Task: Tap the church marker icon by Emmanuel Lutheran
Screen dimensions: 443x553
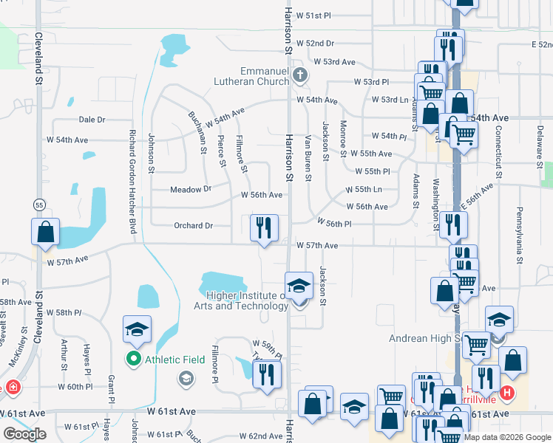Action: pyautogui.click(x=300, y=74)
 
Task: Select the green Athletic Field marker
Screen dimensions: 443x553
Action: pyautogui.click(x=134, y=360)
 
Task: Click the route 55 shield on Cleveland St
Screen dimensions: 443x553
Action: pyautogui.click(x=38, y=204)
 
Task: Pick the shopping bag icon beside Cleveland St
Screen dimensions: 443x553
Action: pyautogui.click(x=45, y=232)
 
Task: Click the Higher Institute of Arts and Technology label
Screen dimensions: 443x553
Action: pyautogui.click(x=241, y=301)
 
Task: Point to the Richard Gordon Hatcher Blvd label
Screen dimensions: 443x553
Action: pyautogui.click(x=132, y=182)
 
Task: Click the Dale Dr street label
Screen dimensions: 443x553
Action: pyautogui.click(x=92, y=120)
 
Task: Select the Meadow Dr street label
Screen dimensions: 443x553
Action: pyautogui.click(x=191, y=190)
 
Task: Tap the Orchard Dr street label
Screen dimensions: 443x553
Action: pyautogui.click(x=194, y=226)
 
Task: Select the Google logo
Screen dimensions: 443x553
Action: pyautogui.click(x=24, y=434)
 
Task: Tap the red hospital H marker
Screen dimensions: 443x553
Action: pyautogui.click(x=506, y=393)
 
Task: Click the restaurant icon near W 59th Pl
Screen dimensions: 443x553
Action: pyautogui.click(x=267, y=374)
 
